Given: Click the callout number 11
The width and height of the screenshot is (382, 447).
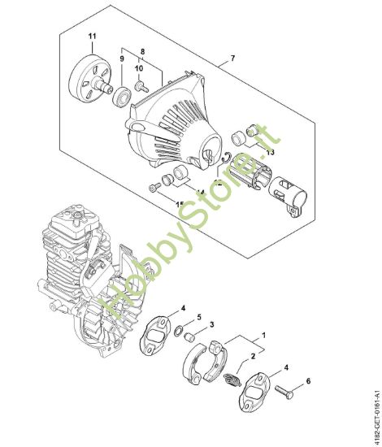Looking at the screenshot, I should [91, 37].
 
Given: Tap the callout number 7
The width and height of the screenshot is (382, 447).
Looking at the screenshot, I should [233, 59].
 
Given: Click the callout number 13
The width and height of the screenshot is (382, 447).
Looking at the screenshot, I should [270, 151].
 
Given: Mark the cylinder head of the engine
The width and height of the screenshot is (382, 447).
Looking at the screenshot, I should [78, 223].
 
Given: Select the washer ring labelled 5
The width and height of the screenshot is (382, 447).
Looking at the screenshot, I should [177, 332].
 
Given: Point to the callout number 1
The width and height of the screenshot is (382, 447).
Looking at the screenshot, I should [262, 333].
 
